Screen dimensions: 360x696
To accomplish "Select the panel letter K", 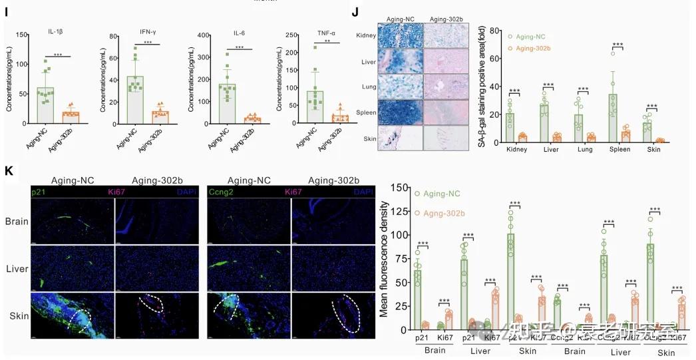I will [x=9, y=170].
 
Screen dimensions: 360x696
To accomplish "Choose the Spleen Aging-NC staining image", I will [x=400, y=112].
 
